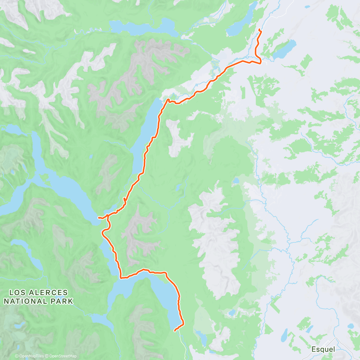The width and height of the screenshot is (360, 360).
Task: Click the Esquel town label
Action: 323,349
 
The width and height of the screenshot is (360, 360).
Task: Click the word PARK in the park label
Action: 62,301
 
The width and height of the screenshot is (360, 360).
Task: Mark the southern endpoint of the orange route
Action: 175,331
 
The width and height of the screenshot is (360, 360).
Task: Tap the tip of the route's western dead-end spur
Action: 99,217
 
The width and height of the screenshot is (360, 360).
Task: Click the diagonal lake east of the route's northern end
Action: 284,49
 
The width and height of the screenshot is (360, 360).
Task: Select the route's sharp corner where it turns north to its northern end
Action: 260,62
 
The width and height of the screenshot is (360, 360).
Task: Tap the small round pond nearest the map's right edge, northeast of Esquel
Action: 350,326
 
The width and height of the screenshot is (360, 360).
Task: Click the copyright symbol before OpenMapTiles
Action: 17,356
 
